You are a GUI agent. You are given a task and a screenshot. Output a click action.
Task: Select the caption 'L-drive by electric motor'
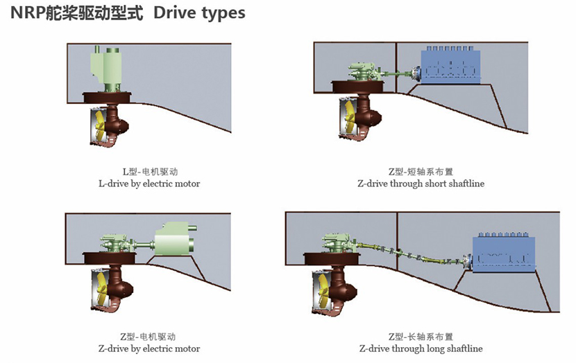[x=149, y=184]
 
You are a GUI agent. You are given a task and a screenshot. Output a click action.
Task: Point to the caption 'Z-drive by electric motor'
[x=149, y=348]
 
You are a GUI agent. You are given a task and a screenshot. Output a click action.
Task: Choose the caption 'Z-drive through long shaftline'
[x=421, y=348]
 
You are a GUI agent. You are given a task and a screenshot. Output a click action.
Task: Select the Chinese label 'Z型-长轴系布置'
[x=421, y=336]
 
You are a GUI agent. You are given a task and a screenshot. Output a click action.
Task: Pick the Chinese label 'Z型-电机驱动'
[x=149, y=336]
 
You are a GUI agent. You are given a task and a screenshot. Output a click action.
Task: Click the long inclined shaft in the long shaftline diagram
[x=409, y=252]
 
